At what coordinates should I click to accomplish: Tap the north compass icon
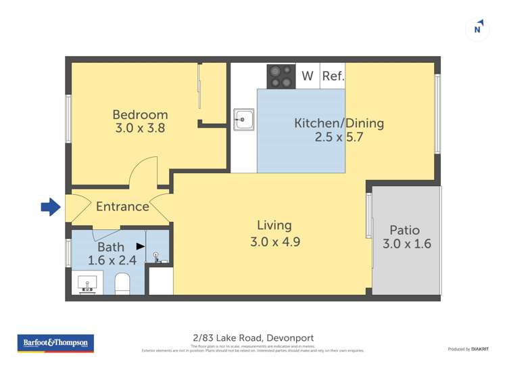coord(478,28)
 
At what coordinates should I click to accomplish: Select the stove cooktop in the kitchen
coord(281,76)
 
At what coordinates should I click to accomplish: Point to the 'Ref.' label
coord(333,76)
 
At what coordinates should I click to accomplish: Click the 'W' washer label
coord(308,76)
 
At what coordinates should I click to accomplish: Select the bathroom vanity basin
coord(87,283)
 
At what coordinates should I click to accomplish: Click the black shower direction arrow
coord(141,247)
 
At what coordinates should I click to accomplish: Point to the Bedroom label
coord(140,114)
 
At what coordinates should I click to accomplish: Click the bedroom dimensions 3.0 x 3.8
coord(140,128)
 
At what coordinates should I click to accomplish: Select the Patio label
coord(405,230)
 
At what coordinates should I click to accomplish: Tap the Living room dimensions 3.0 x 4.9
coord(274,239)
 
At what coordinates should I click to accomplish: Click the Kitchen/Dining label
coord(339,123)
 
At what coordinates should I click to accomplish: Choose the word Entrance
coord(122,206)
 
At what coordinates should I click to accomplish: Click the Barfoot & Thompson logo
coord(55,343)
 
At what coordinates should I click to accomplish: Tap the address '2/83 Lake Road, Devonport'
coord(253,338)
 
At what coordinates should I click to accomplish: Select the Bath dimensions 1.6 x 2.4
coord(112,260)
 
